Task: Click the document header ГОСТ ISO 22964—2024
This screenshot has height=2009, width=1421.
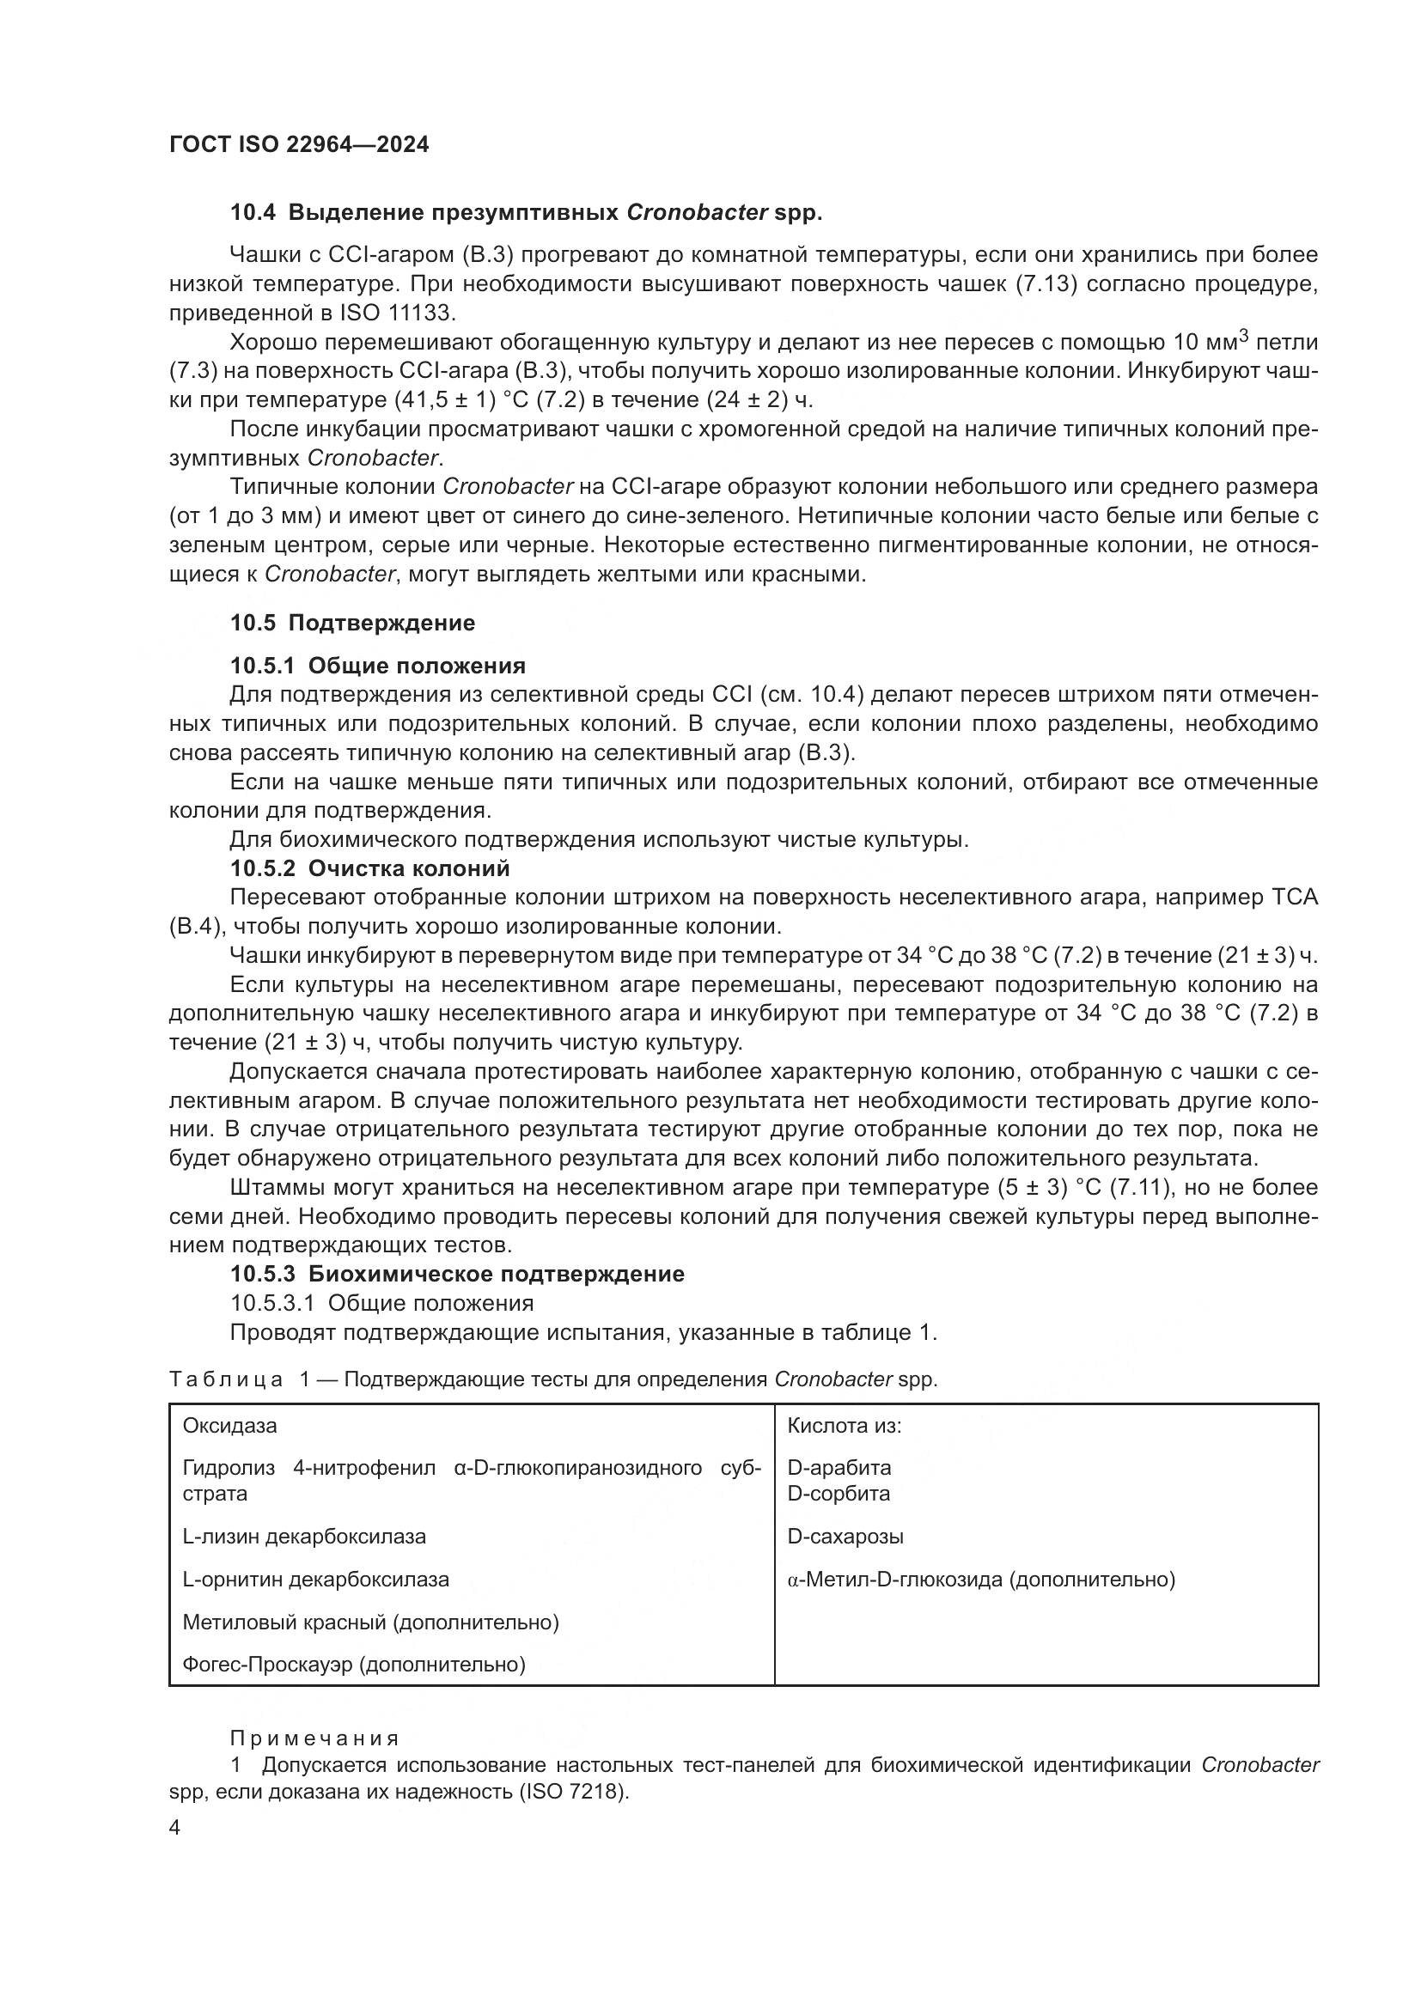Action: [x=298, y=145]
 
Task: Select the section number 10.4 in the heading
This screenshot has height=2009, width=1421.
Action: [x=253, y=213]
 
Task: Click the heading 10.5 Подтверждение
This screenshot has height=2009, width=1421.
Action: [x=352, y=623]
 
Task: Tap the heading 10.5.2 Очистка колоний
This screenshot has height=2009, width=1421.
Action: [x=369, y=869]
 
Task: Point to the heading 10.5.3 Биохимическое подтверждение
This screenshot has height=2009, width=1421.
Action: [x=457, y=1274]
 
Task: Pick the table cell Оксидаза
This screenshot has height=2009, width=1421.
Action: [x=229, y=1426]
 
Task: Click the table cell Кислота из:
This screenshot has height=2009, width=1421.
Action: [x=844, y=1426]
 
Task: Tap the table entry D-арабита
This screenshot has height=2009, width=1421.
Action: [x=839, y=1467]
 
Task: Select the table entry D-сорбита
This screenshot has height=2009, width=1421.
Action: [x=839, y=1493]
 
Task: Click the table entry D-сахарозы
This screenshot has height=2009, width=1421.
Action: [x=845, y=1537]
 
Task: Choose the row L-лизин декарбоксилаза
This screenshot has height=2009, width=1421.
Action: [x=303, y=1537]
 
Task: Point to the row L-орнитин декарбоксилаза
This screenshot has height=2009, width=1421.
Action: [x=315, y=1580]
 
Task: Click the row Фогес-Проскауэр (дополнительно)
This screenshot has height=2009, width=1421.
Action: [x=353, y=1665]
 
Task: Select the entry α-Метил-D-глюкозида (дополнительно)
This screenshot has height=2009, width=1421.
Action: [x=980, y=1580]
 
